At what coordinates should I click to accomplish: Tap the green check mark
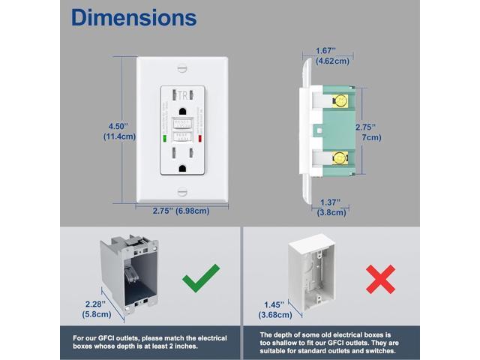pyautogui.click(x=201, y=277)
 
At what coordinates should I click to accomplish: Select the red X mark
pyautogui.click(x=381, y=279)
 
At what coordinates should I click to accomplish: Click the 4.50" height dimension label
pyautogui.click(x=118, y=130)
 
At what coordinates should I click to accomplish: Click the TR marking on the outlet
pyautogui.click(x=182, y=95)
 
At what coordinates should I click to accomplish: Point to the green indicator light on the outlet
pyautogui.click(x=165, y=138)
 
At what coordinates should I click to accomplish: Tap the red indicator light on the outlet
pyautogui.click(x=200, y=138)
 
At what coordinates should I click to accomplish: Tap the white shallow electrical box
pyautogui.click(x=309, y=277)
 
